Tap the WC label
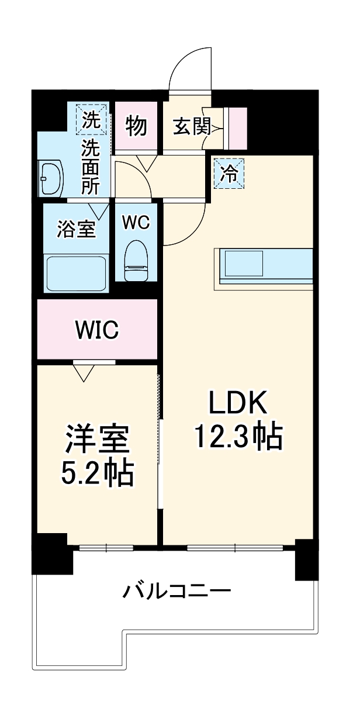tap(136, 222)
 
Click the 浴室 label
tap(76, 229)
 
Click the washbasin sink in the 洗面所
tap(51, 178)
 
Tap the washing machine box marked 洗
tap(91, 119)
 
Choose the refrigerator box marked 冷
tap(230, 174)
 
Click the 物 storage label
tap(136, 126)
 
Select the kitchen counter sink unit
tap(266, 265)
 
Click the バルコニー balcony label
tap(177, 592)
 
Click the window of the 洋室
tap(106, 548)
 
